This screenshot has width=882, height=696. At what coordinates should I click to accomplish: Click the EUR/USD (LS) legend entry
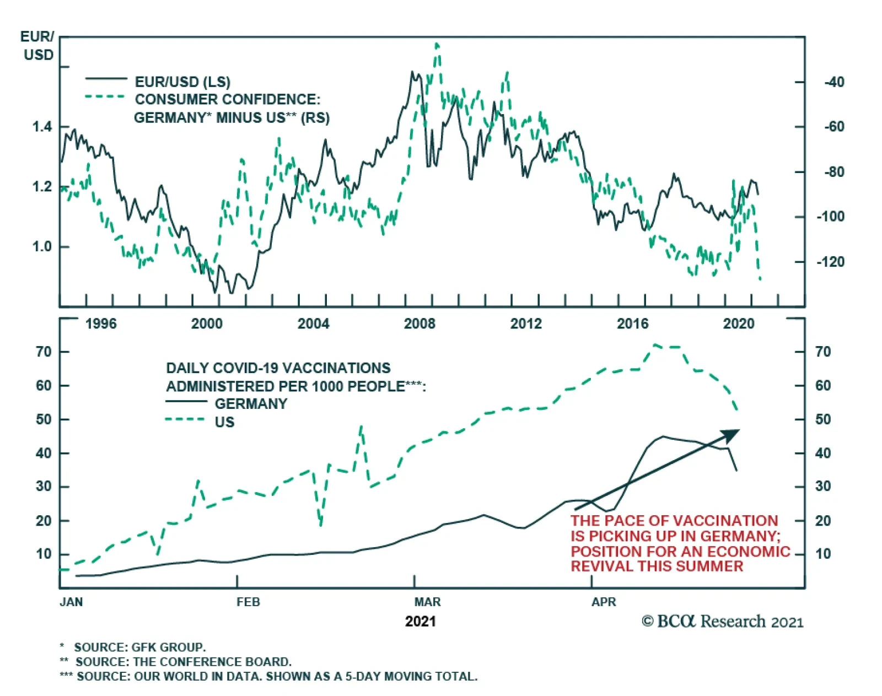click(182, 82)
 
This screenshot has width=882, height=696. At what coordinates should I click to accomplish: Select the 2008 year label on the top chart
click(420, 323)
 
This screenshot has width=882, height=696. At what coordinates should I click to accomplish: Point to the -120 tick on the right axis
click(830, 262)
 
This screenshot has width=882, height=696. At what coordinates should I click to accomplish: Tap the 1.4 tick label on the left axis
click(42, 127)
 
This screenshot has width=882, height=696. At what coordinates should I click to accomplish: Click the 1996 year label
click(101, 323)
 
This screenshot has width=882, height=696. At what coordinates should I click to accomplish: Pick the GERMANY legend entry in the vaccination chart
click(251, 404)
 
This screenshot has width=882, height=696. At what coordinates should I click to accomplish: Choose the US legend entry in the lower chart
click(224, 422)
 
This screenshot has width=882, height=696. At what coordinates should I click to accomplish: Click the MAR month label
click(427, 602)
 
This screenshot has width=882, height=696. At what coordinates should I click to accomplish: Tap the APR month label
click(604, 602)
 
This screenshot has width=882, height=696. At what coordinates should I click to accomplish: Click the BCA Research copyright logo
click(722, 622)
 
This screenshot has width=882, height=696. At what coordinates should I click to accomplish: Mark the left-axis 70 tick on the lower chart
click(44, 352)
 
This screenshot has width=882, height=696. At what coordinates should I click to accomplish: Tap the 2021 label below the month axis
click(420, 622)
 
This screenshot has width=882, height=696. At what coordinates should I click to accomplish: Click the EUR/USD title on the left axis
click(37, 46)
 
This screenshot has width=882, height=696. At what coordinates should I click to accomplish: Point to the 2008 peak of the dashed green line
click(437, 44)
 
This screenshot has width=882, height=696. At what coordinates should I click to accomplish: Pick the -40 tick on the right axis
click(834, 82)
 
